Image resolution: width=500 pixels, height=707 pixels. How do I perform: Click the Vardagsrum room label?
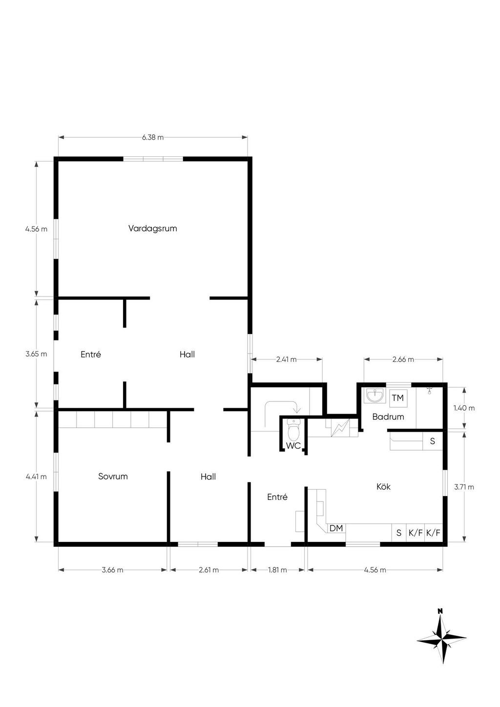click(x=152, y=229)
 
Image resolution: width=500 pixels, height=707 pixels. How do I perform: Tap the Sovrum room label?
click(x=113, y=476)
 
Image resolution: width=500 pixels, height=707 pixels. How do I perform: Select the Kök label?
click(x=383, y=486)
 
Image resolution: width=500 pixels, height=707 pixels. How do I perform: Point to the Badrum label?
click(x=388, y=416)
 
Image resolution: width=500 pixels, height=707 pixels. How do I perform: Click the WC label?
click(x=293, y=445)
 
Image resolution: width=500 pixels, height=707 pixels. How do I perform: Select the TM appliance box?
click(x=398, y=398)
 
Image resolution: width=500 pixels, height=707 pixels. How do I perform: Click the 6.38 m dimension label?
click(x=153, y=137)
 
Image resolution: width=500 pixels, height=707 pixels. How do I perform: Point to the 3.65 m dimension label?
click(x=36, y=354)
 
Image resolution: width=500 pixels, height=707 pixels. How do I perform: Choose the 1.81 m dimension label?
click(x=277, y=570)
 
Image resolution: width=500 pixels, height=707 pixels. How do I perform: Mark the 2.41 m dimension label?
click(x=286, y=359)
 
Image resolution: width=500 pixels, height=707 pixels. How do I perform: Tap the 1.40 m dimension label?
click(x=464, y=408)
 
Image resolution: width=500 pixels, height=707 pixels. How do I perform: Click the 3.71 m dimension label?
click(x=464, y=487)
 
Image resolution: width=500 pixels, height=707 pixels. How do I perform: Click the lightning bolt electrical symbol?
click(x=340, y=428)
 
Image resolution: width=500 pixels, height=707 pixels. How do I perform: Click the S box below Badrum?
click(x=433, y=441)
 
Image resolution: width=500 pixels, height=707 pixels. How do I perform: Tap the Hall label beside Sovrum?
click(x=208, y=477)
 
